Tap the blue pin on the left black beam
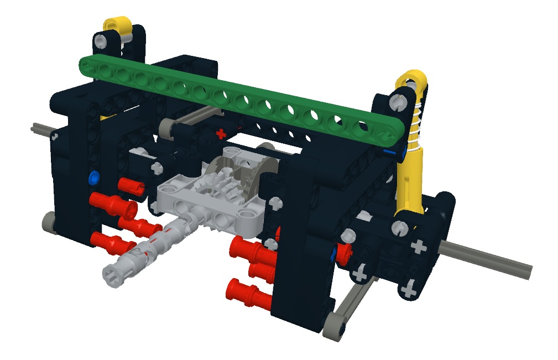click(x=93, y=178)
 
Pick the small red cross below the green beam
click(x=221, y=133)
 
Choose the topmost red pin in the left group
click(x=131, y=186)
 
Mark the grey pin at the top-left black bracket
click(x=101, y=41)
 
